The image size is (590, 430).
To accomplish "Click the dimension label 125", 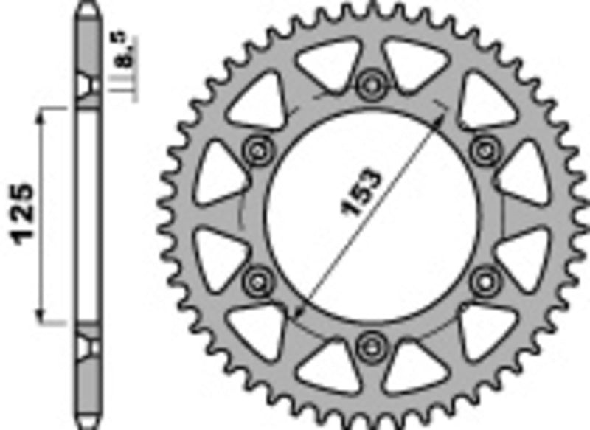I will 22,214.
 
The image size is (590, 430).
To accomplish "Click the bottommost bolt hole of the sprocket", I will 370,344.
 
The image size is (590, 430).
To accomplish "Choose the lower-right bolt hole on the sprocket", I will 483,279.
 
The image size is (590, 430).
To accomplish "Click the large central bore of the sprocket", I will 370,214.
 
